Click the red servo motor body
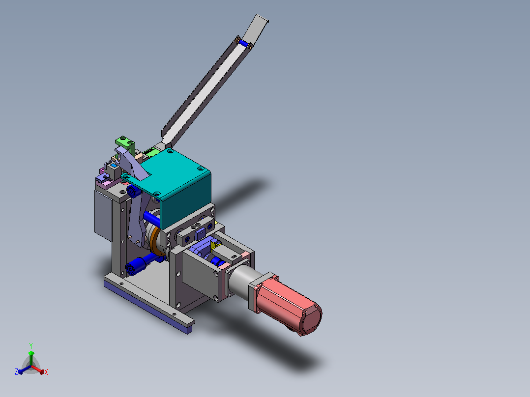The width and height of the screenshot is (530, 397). click(287, 304)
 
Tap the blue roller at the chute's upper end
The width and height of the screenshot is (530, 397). click(243, 44)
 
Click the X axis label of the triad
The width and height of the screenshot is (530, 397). click(46, 372)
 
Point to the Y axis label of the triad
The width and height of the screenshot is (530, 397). click(31, 345)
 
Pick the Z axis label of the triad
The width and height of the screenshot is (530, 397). click(16, 371)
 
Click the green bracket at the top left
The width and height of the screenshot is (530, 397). click(125, 143)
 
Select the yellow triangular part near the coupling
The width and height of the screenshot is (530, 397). click(214, 246)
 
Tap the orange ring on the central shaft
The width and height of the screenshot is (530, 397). click(156, 242)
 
